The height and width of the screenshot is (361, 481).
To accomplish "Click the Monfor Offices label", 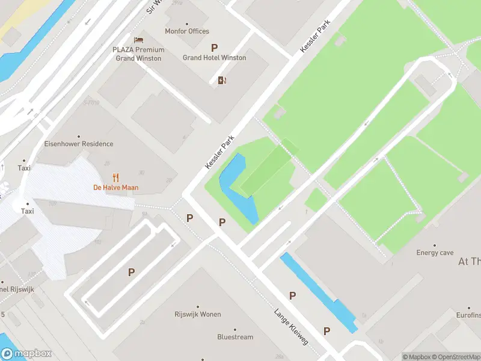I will point(187,31).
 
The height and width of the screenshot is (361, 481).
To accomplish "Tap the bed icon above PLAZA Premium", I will point(138,40).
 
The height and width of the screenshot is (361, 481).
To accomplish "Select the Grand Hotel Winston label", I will point(214,58).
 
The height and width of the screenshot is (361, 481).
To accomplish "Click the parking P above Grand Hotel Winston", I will point(214,48).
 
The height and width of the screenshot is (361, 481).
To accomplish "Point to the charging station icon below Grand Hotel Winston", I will point(222,81).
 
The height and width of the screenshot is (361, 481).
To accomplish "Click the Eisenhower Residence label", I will point(78,144).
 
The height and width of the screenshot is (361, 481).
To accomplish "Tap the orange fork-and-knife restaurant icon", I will point(116,177).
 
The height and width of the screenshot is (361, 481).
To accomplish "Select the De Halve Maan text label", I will point(115,188).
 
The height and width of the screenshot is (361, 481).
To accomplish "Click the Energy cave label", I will point(435,253).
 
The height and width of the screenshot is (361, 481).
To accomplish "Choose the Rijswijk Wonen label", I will point(198,315).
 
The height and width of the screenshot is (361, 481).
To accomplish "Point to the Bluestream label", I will point(235,337).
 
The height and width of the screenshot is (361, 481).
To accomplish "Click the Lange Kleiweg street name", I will point(292,327).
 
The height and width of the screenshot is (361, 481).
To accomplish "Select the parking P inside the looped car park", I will point(131,273).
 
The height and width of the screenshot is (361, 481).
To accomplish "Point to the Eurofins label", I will point(468,315).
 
